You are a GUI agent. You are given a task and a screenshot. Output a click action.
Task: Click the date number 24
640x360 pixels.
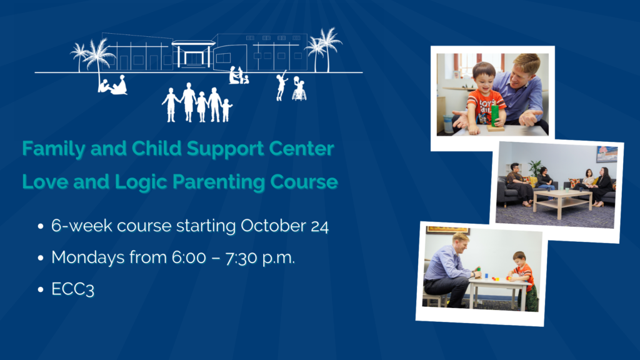(x=319, y=226)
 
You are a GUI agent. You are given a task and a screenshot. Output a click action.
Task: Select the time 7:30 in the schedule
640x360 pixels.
(x=241, y=258)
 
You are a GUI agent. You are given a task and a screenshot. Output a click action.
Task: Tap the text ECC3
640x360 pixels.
(x=72, y=289)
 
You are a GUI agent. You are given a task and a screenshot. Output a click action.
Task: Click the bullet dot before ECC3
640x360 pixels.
(x=41, y=290)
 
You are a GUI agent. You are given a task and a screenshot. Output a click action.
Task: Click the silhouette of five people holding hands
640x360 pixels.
(x=197, y=103)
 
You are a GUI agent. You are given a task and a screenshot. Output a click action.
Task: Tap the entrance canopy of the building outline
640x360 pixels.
(x=194, y=42)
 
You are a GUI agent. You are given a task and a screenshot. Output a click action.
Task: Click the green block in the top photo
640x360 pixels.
(x=495, y=116)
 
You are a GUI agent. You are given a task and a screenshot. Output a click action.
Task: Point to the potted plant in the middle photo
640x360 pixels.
(x=535, y=168)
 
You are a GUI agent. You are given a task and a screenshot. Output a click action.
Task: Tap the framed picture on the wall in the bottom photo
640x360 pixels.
(x=447, y=231)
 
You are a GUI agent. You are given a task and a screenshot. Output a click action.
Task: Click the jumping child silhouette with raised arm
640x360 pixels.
(x=281, y=85)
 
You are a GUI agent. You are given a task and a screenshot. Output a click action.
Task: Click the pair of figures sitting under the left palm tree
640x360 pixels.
(x=112, y=85)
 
